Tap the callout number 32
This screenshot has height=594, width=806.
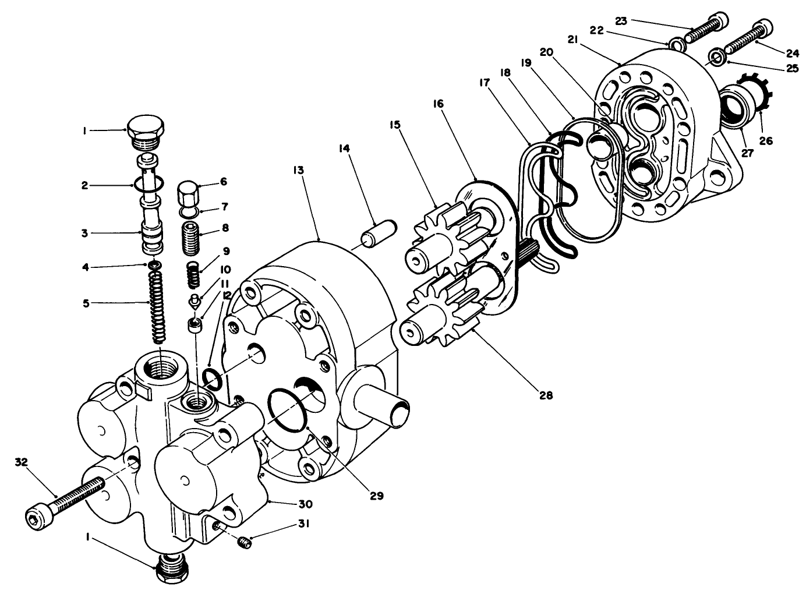22,462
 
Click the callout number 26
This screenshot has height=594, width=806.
766,141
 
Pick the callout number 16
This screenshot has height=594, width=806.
437,104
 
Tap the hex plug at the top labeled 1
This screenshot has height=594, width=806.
146,131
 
